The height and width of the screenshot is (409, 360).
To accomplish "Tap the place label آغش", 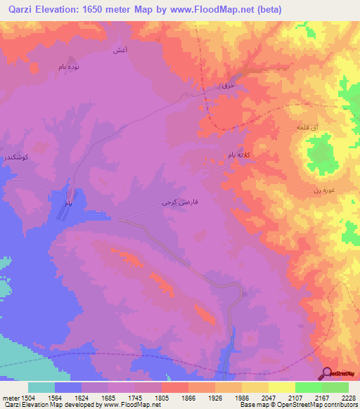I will coord(120,51).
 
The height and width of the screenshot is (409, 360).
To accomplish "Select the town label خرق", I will coord(227,85).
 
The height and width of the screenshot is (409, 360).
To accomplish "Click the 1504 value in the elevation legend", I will coord(28,398).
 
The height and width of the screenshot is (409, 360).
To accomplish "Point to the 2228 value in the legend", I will coord(349,398).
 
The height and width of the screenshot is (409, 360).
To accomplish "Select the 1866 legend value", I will coord(189,398).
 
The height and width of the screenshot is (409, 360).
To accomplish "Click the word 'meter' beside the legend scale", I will coord(9,398).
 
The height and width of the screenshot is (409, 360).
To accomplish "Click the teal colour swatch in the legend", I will coord(41,387).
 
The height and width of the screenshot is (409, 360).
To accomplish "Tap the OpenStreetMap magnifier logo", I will coord(327,373).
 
